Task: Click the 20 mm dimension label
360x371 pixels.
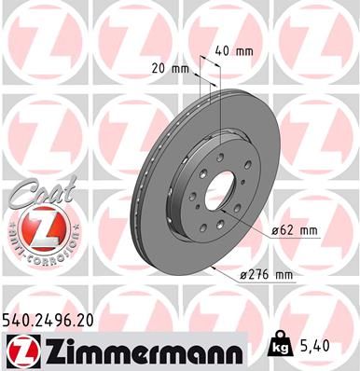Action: pos(169,68)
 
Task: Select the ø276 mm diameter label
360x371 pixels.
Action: pos(267,275)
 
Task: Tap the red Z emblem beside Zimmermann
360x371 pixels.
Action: pos(21,351)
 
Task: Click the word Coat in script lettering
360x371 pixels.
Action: pos(35,195)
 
